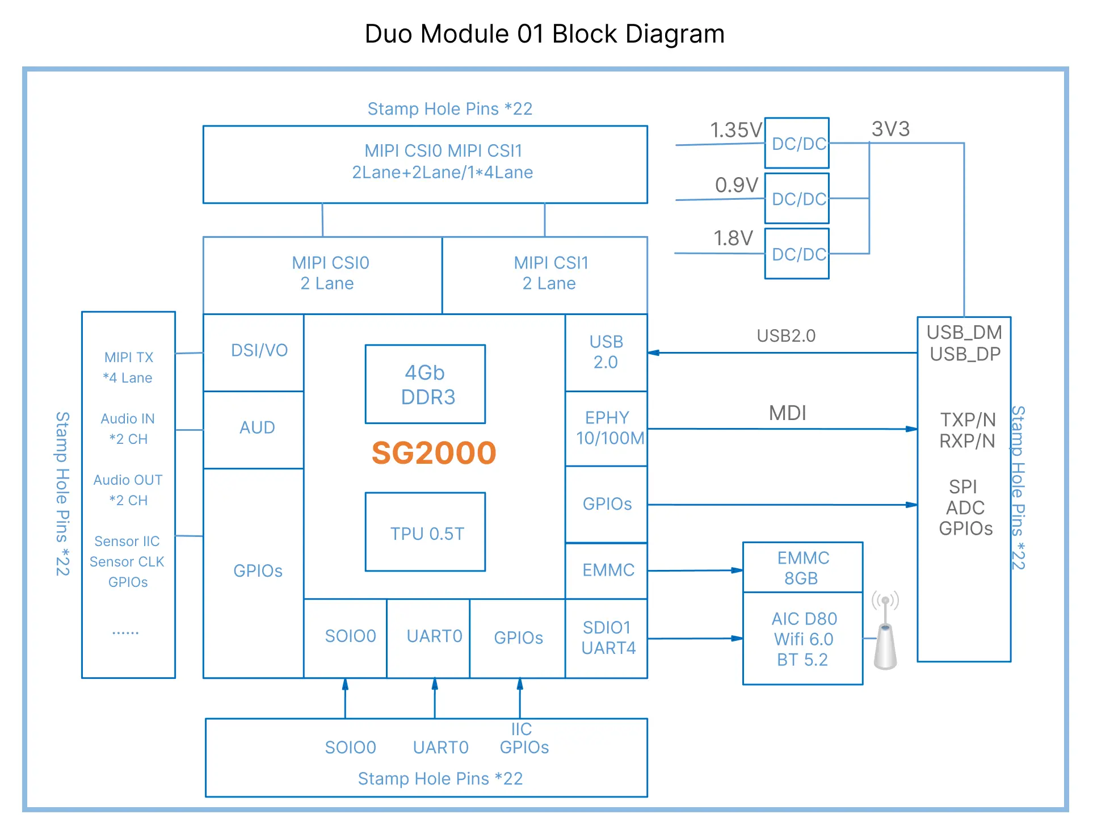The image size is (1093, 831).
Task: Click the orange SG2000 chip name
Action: point(434,453)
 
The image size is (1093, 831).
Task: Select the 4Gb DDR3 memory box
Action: point(425,384)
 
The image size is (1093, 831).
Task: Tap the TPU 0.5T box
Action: point(425,532)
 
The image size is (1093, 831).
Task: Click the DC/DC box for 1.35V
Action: point(797,143)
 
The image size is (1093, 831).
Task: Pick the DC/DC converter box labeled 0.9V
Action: point(797,198)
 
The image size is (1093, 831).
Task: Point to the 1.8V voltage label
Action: point(733,238)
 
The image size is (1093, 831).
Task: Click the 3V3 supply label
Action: point(890,129)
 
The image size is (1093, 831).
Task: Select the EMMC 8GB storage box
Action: point(803,567)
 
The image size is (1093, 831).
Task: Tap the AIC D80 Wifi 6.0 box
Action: point(803,639)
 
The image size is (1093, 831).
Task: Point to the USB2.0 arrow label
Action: point(786,335)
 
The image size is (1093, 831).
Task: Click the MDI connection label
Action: point(788,413)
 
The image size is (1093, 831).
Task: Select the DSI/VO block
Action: point(254,352)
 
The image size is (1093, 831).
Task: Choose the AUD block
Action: point(254,430)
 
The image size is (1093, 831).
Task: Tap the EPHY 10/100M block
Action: point(606,429)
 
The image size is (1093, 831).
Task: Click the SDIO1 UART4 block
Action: point(606,639)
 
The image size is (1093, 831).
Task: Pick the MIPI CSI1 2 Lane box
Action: point(545,275)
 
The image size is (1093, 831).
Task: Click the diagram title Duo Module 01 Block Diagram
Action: point(545,33)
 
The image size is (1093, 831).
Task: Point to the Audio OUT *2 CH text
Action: point(128,490)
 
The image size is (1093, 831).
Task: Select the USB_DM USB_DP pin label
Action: point(964,343)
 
